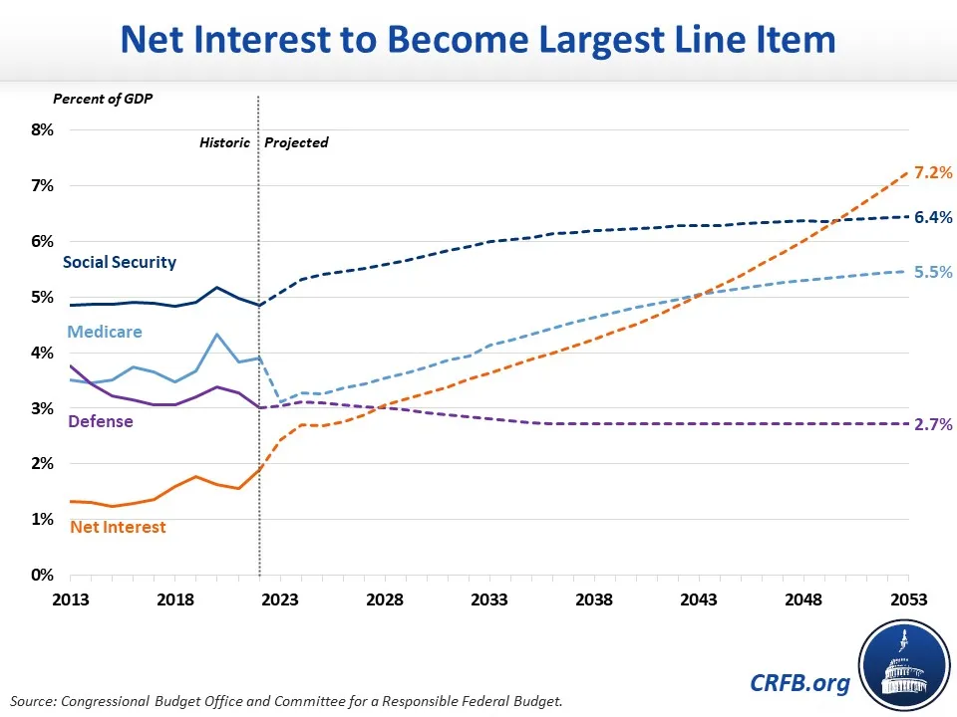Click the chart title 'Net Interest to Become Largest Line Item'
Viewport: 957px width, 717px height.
[478, 41]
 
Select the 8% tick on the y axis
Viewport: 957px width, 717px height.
[40, 129]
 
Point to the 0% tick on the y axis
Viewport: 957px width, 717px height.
[40, 575]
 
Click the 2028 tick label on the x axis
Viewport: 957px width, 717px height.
[385, 600]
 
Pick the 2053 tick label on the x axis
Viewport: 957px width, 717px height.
[908, 600]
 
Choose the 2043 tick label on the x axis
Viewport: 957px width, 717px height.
[699, 600]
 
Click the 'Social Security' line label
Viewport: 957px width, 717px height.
[120, 263]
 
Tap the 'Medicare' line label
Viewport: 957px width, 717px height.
[105, 332]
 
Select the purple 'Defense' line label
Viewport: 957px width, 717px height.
[100, 421]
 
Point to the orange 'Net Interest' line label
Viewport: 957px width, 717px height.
[118, 527]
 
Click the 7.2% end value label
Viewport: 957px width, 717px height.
[933, 173]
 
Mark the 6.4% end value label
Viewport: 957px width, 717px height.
[933, 217]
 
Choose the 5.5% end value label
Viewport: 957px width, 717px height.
[933, 272]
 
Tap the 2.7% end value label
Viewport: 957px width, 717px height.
[933, 424]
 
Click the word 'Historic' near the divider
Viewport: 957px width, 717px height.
[225, 142]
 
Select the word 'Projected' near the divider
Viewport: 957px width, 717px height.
[296, 142]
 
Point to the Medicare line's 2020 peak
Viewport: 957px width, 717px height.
[217, 334]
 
